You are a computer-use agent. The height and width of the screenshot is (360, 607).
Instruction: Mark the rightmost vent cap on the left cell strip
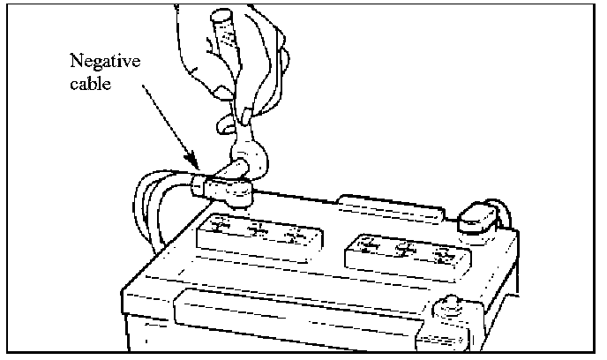pyautogui.click(x=296, y=237)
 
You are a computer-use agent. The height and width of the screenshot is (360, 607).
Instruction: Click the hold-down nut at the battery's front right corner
pyautogui.click(x=449, y=309)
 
